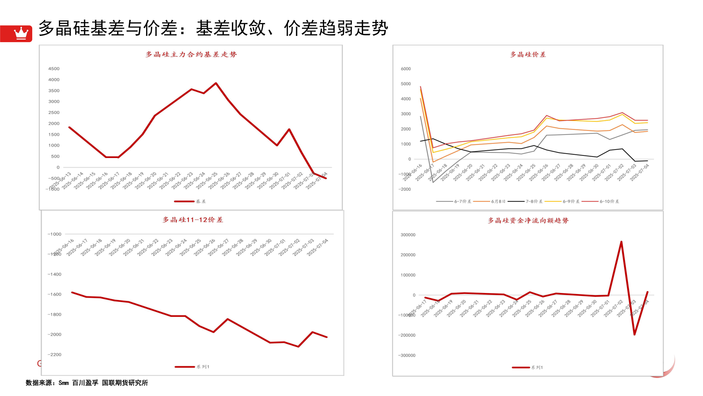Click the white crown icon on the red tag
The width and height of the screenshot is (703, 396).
21,33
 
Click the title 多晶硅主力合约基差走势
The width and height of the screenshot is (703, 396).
191,55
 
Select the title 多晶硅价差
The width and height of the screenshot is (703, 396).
528,55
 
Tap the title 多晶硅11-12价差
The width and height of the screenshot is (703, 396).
193,220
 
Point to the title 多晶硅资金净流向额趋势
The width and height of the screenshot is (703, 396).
528,221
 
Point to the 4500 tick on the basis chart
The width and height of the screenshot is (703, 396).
54,69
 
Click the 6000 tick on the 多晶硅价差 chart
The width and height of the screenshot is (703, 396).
406,69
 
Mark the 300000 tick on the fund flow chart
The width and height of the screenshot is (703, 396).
408,235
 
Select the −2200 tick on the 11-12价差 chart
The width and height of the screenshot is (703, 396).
55,355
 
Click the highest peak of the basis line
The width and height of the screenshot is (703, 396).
216,83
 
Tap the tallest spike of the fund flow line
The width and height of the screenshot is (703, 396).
621,242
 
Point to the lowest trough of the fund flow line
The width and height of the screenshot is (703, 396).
635,334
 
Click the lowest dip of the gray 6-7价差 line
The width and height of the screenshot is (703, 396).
433,182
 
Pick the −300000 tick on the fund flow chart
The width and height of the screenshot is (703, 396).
407,355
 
